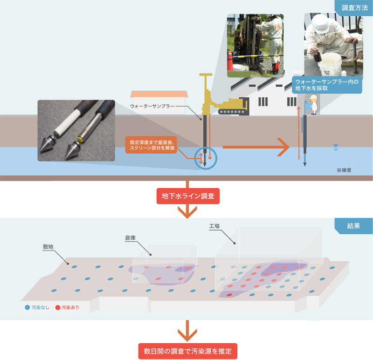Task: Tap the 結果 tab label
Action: point(353,226)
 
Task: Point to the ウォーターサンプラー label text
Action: point(152,106)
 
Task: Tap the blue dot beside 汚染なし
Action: point(28,308)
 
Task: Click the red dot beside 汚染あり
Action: point(58,308)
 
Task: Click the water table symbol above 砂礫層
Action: point(335,148)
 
